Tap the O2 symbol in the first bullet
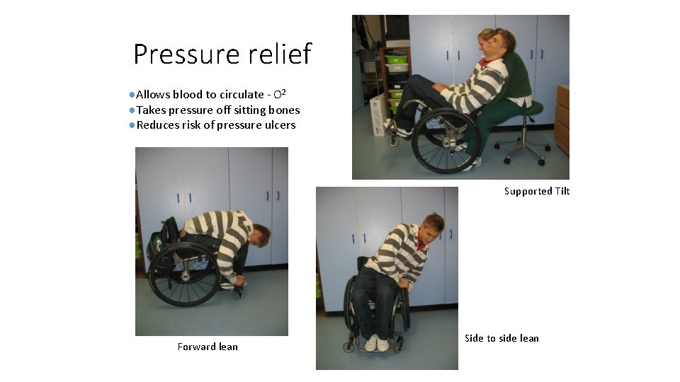(279, 94)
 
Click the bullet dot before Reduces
(132, 125)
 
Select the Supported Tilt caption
(537, 192)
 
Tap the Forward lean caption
(208, 347)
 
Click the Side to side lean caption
(501, 338)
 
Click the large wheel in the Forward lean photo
(185, 274)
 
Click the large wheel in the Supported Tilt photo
(446, 141)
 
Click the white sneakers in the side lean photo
(377, 344)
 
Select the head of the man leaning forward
(262, 235)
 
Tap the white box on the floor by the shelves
(378, 115)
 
